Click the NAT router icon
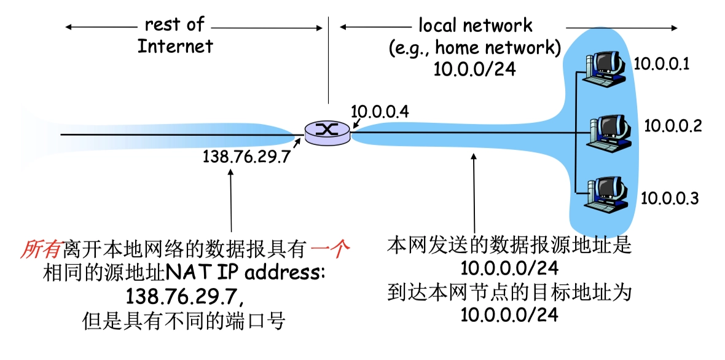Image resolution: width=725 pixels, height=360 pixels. click(x=327, y=131)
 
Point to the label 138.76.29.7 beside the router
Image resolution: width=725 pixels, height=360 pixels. click(x=246, y=157)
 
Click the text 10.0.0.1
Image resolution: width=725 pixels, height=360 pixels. click(x=662, y=63)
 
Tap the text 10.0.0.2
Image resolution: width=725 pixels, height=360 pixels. click(x=673, y=126)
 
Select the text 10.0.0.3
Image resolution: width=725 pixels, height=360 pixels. click(x=670, y=198)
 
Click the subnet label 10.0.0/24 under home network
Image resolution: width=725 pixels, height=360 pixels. click(x=474, y=68)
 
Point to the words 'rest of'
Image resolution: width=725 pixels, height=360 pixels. click(x=174, y=25)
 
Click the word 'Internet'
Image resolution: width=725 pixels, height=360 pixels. click(x=174, y=46)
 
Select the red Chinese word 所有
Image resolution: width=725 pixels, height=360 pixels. click(x=41, y=250)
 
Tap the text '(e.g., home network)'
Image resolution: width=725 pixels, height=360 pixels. click(x=474, y=47)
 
